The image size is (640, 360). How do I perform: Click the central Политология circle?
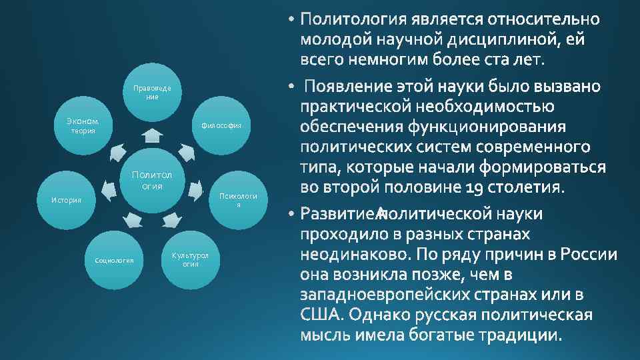tap(152, 180)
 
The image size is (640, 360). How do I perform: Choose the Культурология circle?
tap(190, 259)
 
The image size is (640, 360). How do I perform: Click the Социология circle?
tap(114, 259)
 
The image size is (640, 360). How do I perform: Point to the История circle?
tap(67, 200)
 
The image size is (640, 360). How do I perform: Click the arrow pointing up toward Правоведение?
tap(153, 135)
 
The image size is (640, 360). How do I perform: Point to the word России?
tap(589, 254)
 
